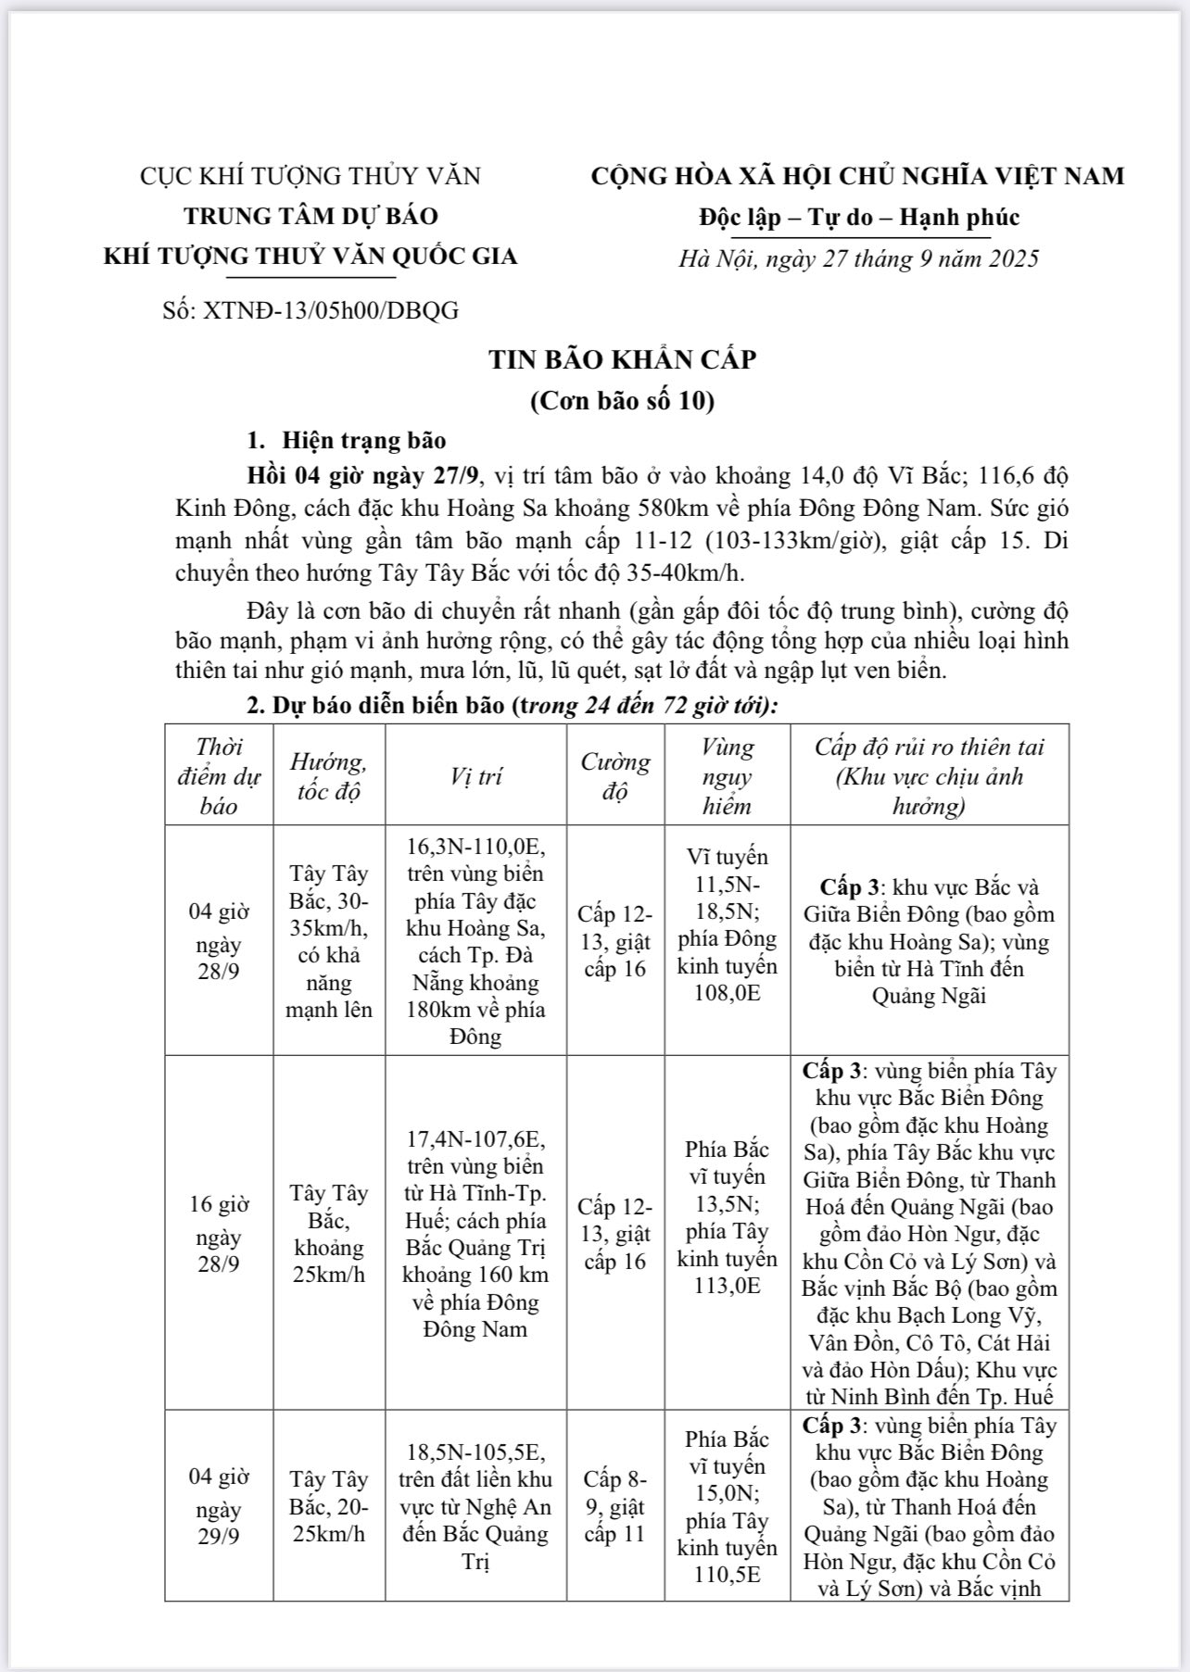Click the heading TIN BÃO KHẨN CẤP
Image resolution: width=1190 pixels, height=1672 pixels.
click(622, 359)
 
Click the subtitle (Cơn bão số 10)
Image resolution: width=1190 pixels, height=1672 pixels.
click(622, 401)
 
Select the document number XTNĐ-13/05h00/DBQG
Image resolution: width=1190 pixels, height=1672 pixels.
click(310, 310)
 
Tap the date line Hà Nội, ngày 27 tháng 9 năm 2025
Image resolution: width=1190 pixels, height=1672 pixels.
click(858, 258)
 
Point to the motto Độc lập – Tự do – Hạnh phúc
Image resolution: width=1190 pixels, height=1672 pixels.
click(858, 217)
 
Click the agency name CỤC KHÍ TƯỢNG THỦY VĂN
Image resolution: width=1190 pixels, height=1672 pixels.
click(310, 176)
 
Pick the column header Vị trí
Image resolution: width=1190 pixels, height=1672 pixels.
click(475, 775)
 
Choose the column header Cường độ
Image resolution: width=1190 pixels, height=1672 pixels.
click(615, 775)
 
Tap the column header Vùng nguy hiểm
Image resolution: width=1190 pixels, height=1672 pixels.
click(727, 775)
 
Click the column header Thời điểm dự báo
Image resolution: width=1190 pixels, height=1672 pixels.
click(219, 775)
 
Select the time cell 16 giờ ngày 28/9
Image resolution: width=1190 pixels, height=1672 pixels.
click(219, 1233)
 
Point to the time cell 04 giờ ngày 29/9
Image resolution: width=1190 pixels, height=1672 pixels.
click(219, 1505)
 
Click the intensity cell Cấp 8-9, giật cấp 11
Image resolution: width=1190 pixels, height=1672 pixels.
click(615, 1505)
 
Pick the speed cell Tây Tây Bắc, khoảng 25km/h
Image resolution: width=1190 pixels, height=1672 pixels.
click(329, 1233)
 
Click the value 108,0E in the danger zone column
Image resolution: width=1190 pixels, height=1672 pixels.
click(727, 993)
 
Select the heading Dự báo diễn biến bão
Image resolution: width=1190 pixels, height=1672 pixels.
click(389, 706)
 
